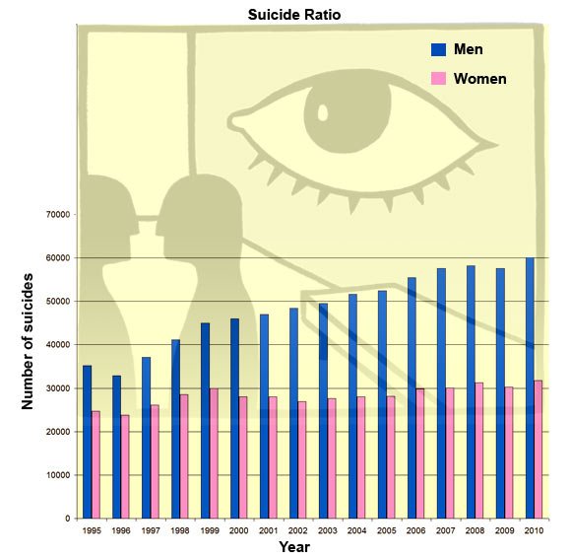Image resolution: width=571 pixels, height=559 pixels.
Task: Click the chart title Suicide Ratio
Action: pyautogui.click(x=294, y=15)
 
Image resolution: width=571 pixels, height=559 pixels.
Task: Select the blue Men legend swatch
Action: pyautogui.click(x=438, y=49)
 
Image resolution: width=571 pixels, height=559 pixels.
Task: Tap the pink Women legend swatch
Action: pyautogui.click(x=438, y=79)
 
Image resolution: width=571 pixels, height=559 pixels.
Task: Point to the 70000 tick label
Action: pyautogui.click(x=58, y=214)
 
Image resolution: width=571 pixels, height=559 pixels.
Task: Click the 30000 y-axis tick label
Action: pyautogui.click(x=58, y=388)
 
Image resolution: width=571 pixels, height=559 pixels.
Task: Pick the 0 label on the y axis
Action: pyautogui.click(x=68, y=519)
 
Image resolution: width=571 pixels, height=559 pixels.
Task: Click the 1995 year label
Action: pyautogui.click(x=92, y=530)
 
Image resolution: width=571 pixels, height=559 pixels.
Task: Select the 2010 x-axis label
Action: pyautogui.click(x=534, y=530)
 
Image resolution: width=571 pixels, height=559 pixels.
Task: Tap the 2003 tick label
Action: pyautogui.click(x=328, y=530)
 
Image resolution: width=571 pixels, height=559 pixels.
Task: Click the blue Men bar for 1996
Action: pyautogui.click(x=116, y=447)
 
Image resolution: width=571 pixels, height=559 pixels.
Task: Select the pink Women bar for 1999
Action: pyautogui.click(x=214, y=454)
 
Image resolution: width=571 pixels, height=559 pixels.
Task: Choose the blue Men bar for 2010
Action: pyautogui.click(x=530, y=388)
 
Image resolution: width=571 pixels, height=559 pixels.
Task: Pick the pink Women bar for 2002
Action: pyautogui.click(x=302, y=459)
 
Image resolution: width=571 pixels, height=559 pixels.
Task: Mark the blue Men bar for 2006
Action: pyautogui.click(x=412, y=398)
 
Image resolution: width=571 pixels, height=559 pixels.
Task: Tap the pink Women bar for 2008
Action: pyautogui.click(x=479, y=451)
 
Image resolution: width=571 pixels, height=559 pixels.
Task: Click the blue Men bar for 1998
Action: pyautogui.click(x=175, y=429)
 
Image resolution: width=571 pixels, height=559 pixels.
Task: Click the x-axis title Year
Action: pyautogui.click(x=294, y=547)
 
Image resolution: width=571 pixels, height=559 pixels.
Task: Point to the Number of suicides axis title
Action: pyautogui.click(x=27, y=341)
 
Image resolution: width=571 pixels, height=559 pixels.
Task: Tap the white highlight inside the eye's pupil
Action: pyautogui.click(x=323, y=112)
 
